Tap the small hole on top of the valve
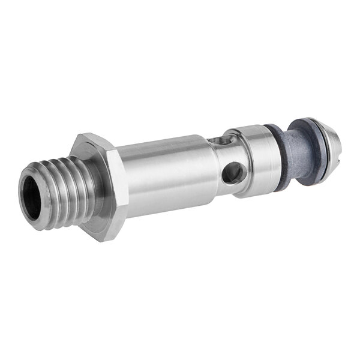[223, 142]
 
